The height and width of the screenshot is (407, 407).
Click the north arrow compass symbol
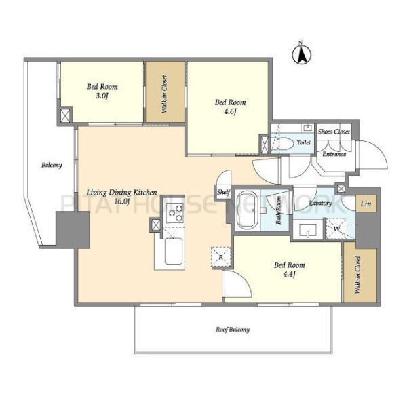301,54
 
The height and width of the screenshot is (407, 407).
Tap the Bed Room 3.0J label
102,91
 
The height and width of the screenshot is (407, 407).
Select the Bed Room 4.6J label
230,106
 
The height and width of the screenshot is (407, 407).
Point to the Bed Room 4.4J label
290,269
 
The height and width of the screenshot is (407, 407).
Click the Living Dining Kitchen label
121,197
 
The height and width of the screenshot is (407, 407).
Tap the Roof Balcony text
233,330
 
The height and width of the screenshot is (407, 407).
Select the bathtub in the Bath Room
247,210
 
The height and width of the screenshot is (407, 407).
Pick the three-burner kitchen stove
174,213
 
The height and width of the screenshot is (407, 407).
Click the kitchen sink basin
174,251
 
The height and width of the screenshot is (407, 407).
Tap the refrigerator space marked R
221,257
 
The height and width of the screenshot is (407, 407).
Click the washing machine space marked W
336,229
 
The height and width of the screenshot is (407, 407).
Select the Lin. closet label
366,204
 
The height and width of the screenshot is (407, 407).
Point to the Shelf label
223,192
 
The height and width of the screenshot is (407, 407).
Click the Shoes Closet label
334,132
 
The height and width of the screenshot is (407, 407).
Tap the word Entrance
334,154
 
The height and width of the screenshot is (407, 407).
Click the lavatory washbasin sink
308,230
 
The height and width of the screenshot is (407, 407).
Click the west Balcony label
52,165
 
